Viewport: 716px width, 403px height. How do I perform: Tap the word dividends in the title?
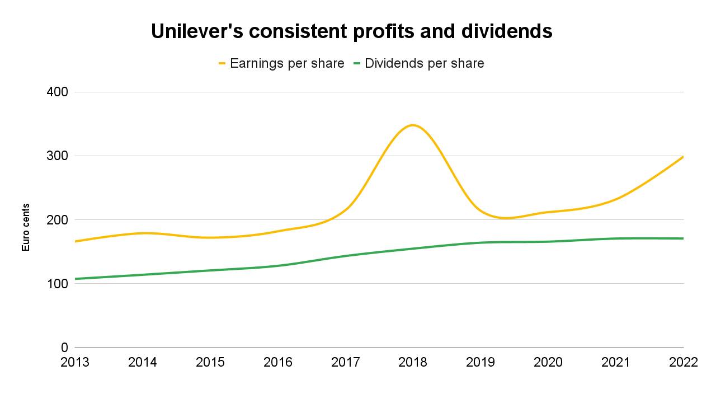(507, 32)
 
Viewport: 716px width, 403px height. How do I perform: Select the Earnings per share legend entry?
(287, 64)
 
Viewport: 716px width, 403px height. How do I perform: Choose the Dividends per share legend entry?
(424, 64)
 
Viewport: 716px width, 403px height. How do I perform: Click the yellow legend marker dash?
(222, 64)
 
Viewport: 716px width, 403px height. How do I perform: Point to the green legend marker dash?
(357, 64)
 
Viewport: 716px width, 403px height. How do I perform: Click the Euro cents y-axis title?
(26, 227)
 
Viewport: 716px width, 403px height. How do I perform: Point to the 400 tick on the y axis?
(56, 92)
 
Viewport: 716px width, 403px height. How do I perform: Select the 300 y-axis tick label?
(56, 156)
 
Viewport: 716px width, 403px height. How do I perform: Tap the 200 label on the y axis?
(56, 220)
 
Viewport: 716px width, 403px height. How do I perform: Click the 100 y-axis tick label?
(56, 284)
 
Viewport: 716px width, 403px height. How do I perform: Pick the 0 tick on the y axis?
(64, 348)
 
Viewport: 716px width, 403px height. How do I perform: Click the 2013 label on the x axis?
(75, 363)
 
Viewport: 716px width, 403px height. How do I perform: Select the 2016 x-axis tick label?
(278, 363)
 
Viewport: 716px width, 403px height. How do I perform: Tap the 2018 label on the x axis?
(413, 363)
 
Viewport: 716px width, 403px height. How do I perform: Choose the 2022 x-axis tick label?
(683, 363)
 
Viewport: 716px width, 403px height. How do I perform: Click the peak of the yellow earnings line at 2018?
(413, 125)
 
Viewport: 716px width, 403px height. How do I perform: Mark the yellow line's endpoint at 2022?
(683, 157)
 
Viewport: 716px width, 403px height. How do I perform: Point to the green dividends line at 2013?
(76, 279)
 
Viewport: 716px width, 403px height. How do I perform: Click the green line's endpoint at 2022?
(683, 238)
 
